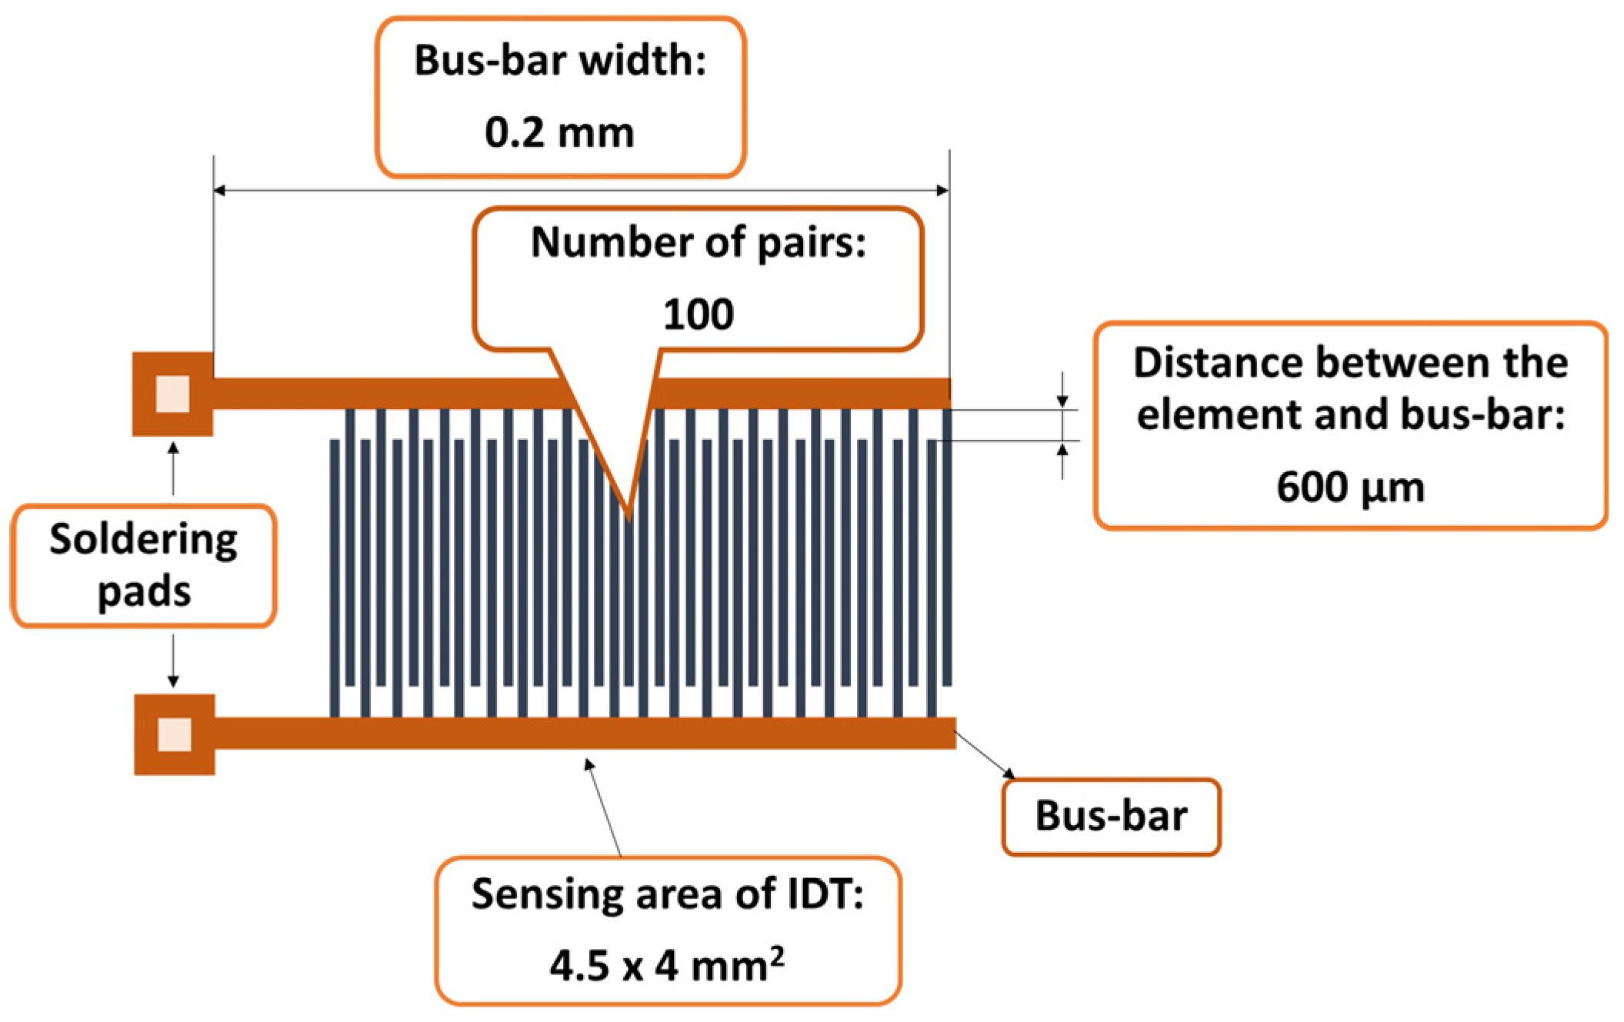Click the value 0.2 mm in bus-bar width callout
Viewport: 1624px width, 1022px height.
(x=559, y=132)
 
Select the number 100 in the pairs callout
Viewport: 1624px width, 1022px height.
(x=698, y=315)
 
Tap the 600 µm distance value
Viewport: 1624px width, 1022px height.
(x=1350, y=488)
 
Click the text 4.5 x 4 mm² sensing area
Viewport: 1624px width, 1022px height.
(x=666, y=966)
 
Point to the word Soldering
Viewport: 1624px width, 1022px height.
(x=144, y=539)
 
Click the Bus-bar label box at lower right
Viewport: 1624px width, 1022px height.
(x=1111, y=816)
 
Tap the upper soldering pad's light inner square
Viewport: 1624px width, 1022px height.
(x=172, y=394)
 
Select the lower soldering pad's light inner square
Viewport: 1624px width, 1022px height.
(x=174, y=734)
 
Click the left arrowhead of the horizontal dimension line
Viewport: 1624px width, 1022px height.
(x=218, y=190)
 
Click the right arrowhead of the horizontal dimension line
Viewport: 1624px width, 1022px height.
(x=943, y=190)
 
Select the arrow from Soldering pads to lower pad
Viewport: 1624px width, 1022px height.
(x=173, y=661)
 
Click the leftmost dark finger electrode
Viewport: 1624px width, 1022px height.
(x=334, y=577)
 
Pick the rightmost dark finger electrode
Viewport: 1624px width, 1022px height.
(x=947, y=546)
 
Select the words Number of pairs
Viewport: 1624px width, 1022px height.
(x=698, y=243)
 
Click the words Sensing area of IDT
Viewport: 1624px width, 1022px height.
(x=666, y=894)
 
